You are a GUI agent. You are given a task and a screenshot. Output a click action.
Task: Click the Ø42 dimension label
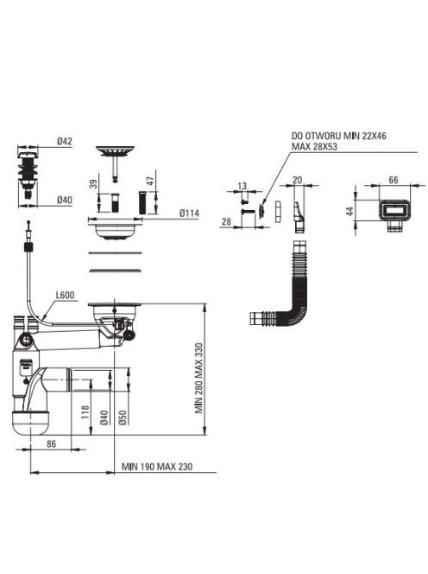65,141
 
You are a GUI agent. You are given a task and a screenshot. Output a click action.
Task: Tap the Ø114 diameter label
189,213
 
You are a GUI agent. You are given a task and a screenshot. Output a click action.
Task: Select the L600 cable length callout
65,295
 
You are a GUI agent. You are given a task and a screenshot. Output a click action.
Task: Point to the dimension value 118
85,411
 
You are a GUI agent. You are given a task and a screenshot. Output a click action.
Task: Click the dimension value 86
52,443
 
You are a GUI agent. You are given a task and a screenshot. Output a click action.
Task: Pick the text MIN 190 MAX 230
157,467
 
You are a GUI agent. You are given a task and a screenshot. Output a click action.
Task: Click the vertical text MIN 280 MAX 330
198,378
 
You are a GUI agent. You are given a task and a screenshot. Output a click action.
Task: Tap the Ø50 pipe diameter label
123,418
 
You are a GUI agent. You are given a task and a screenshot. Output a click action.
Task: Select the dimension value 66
393,180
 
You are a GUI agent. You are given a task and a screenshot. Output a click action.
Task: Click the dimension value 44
350,211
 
